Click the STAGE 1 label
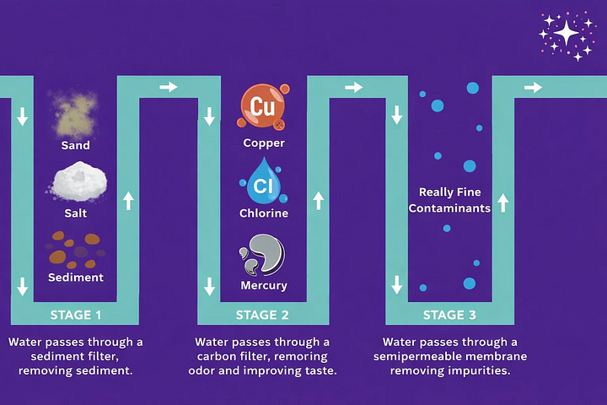[x=76, y=315]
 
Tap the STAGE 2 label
[x=262, y=315]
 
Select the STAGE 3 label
[x=449, y=315]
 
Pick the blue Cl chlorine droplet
[x=262, y=180]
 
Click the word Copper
[x=264, y=143]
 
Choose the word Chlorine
[x=264, y=213]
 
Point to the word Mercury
[x=264, y=284]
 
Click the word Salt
[x=76, y=213]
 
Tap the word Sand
[x=76, y=145]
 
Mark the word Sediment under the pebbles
[x=76, y=277]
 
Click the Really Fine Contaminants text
[x=449, y=199]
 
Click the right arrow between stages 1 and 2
[x=169, y=86]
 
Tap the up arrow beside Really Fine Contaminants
[x=503, y=202]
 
